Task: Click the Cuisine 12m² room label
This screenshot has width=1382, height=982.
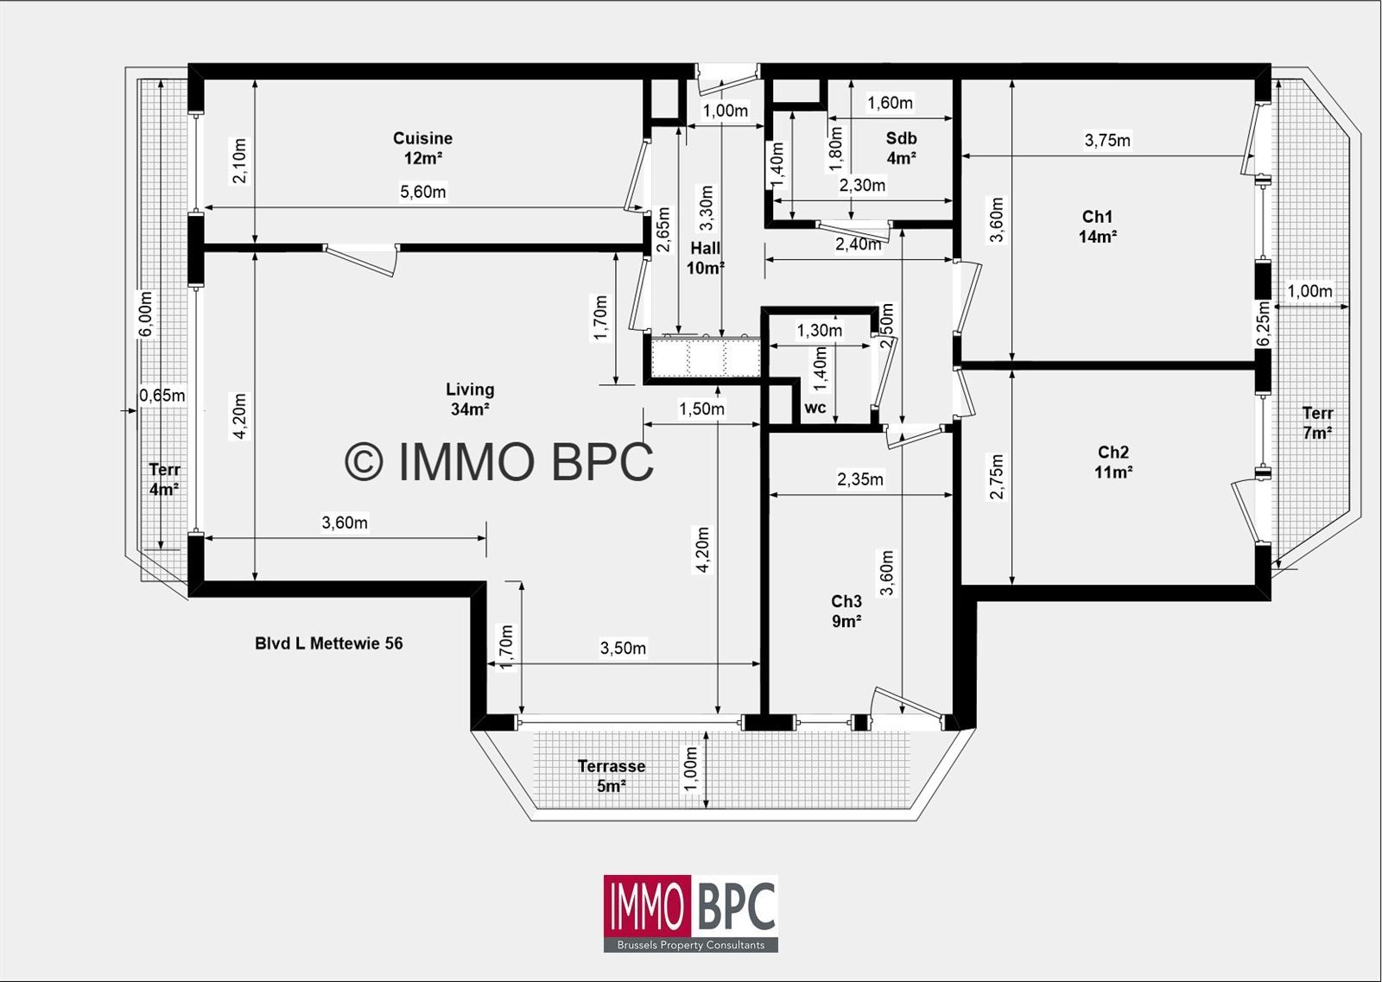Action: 422,148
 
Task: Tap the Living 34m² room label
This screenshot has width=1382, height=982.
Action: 470,399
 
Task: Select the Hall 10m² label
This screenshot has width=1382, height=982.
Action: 705,258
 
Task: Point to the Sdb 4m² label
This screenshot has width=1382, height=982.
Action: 901,148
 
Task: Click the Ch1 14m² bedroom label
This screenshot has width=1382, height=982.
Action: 1097,226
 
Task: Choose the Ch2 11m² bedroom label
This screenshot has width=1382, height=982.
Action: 1113,461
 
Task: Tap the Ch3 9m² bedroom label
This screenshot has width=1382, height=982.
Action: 846,611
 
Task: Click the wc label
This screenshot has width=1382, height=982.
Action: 815,408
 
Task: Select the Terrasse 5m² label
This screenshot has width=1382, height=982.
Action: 611,776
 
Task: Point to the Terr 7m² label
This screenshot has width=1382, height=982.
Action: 1317,422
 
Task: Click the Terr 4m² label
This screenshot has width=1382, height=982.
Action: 164,478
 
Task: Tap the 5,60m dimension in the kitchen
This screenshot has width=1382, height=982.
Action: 422,192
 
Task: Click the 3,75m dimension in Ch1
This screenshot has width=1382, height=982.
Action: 1106,140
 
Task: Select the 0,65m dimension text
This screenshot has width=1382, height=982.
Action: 162,396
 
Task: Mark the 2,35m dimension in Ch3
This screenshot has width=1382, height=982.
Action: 859,479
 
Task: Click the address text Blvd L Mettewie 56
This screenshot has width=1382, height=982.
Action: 328,643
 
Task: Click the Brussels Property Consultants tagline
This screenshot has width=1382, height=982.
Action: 690,945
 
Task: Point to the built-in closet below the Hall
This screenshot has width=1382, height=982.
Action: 704,358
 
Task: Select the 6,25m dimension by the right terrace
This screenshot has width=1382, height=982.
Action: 1264,324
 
